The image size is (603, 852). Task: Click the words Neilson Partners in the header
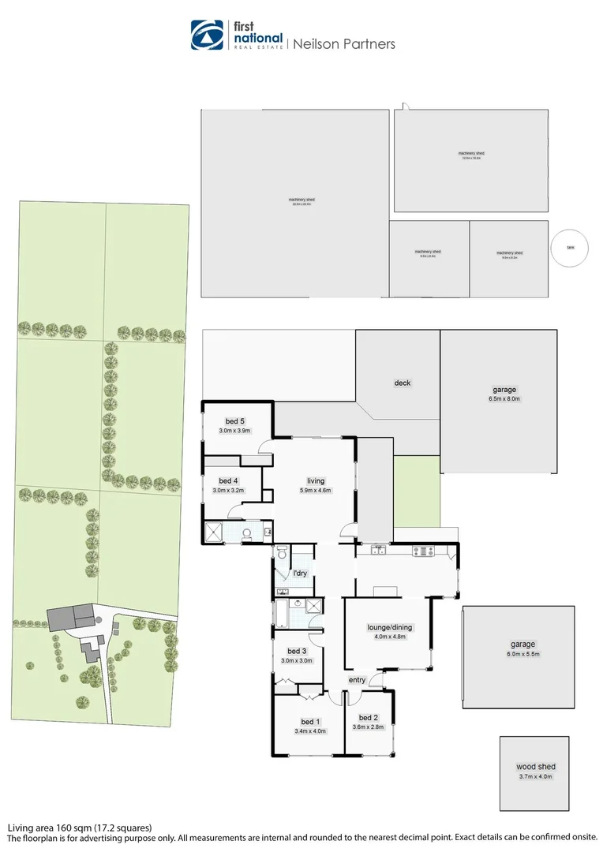(344, 44)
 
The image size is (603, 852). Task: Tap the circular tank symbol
(570, 248)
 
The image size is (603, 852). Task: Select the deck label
(403, 383)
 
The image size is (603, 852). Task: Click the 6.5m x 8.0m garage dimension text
(505, 399)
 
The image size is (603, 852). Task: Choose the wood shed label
(536, 767)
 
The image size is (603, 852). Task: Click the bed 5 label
(234, 420)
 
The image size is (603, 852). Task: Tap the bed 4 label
(227, 480)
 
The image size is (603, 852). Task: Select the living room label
(316, 480)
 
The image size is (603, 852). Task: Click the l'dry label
(300, 574)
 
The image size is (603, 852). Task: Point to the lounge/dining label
(390, 628)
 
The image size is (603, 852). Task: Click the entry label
(357, 680)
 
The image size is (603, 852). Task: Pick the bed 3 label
(297, 651)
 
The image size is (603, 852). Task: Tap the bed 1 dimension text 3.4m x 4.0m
(310, 731)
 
